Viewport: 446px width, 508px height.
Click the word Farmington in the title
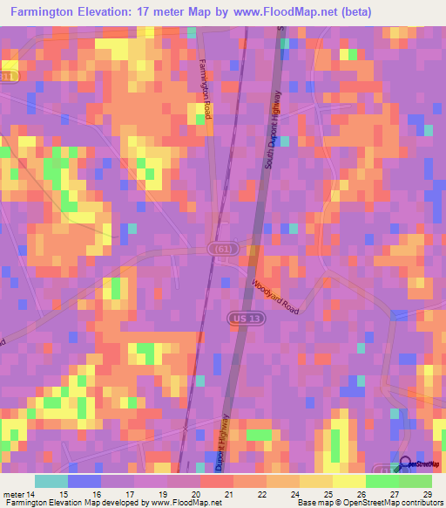tap(41, 12)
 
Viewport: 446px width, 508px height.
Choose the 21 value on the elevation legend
tap(228, 494)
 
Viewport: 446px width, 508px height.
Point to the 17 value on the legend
tap(129, 494)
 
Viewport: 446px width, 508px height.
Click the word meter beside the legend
tap(12, 494)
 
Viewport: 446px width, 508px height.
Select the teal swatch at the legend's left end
tap(51, 482)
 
